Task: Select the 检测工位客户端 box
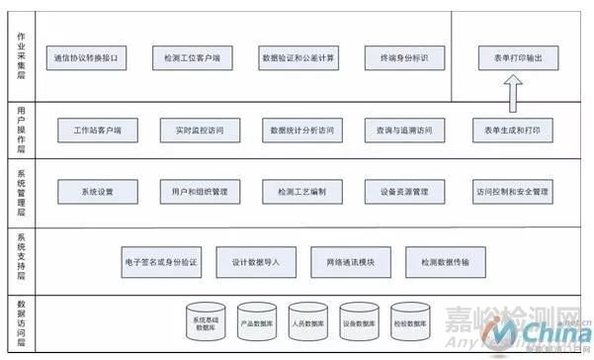click(192, 59)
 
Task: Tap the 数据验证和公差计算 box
click(297, 59)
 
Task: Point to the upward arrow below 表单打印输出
click(514, 95)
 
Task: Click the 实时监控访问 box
click(197, 131)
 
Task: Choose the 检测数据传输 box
click(451, 262)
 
